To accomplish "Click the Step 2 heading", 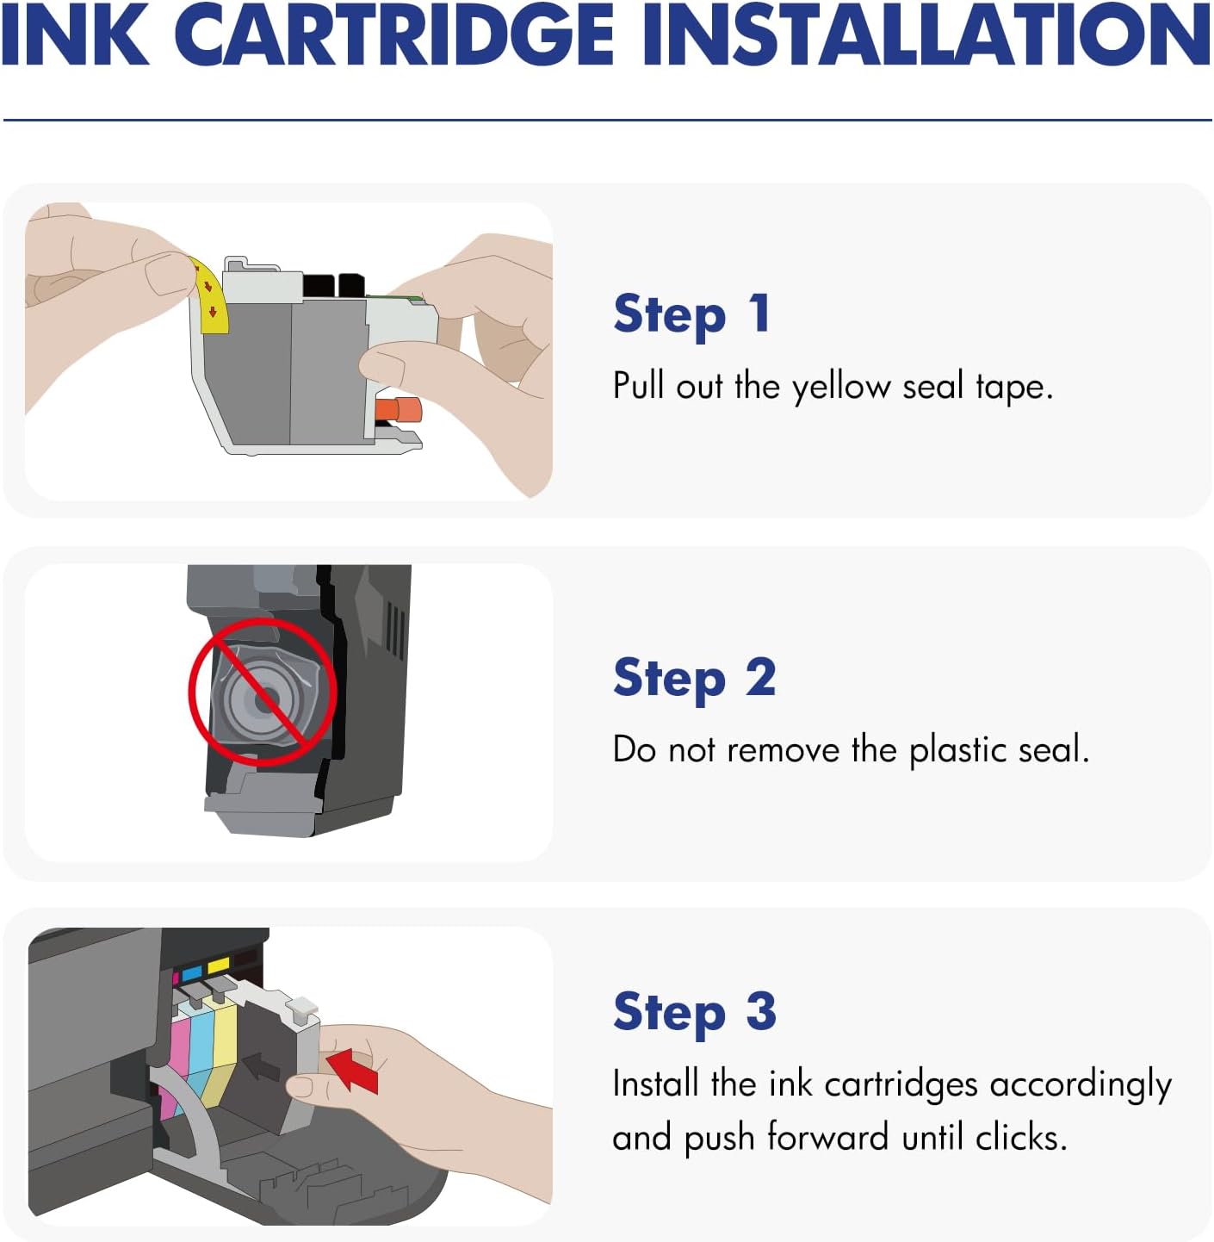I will pyautogui.click(x=694, y=679).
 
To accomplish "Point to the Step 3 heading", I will pyautogui.click(x=694, y=1012).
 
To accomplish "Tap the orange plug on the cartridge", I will pyautogui.click(x=401, y=409).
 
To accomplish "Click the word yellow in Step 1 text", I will pyautogui.click(x=840, y=387).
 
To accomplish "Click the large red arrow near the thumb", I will pyautogui.click(x=355, y=1068).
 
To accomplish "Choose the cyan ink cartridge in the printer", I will pyautogui.click(x=201, y=1042).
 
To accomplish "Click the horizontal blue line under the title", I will pyautogui.click(x=607, y=120).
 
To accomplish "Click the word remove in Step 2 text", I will pyautogui.click(x=783, y=750).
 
